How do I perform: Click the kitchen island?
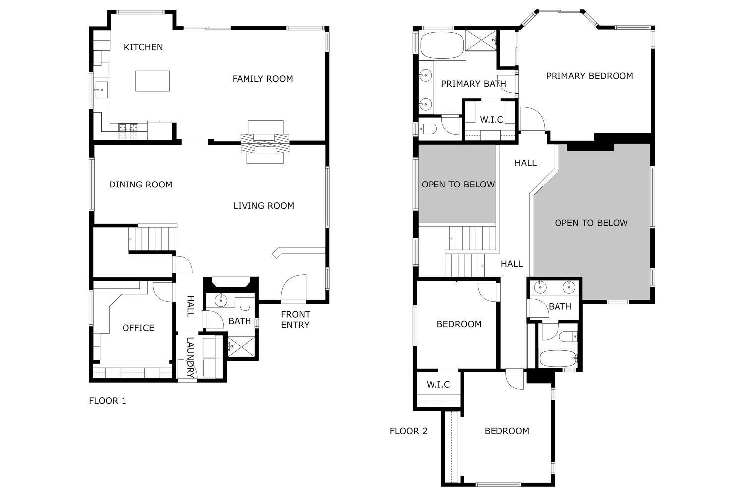[152, 81]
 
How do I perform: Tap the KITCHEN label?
[143, 47]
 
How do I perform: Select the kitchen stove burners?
[128, 131]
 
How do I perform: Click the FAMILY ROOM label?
[262, 79]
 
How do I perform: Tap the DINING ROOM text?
[140, 185]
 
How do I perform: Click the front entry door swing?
[293, 288]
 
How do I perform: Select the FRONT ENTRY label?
[295, 320]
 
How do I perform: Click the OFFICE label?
[138, 328]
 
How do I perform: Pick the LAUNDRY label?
[190, 357]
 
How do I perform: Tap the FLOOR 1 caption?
[108, 401]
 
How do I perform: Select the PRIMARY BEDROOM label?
[589, 76]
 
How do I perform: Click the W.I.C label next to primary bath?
[491, 120]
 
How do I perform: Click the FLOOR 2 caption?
[408, 431]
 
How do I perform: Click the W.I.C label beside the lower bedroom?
[438, 385]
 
